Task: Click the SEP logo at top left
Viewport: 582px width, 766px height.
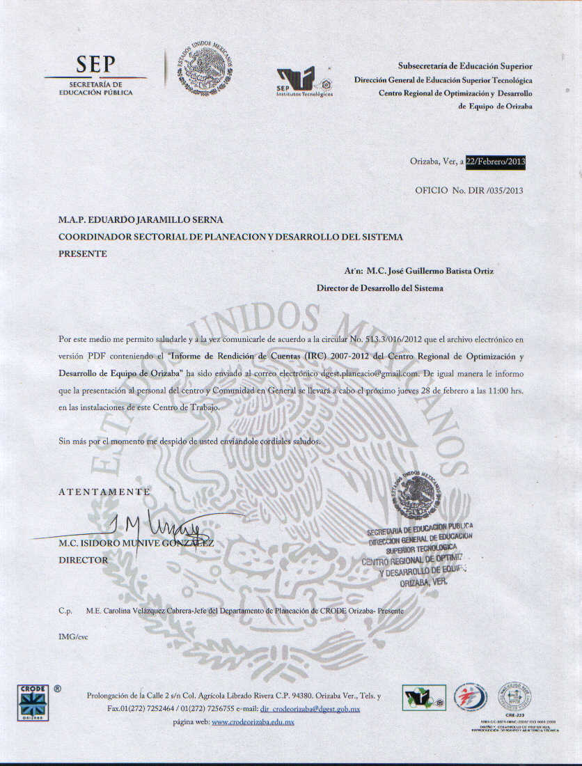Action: (95, 75)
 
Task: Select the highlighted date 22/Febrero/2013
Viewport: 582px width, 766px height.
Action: (496, 162)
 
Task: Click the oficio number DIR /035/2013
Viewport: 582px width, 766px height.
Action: (494, 189)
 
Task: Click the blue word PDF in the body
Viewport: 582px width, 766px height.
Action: (96, 355)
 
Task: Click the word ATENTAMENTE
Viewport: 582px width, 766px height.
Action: (104, 492)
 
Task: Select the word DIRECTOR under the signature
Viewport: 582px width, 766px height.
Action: (84, 560)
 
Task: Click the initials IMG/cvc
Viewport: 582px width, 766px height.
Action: (74, 636)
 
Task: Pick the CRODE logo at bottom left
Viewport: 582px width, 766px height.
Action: (32, 702)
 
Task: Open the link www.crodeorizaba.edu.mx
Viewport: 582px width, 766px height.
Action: (253, 723)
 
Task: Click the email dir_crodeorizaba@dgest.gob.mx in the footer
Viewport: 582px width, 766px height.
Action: (310, 709)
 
